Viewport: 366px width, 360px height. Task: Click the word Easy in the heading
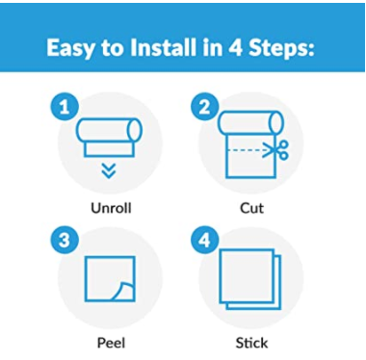tap(71, 49)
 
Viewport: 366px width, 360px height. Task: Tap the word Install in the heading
tap(163, 47)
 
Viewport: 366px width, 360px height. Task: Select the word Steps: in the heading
tap(282, 49)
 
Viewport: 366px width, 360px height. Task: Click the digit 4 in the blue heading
tap(236, 48)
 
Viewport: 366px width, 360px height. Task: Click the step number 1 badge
tap(65, 107)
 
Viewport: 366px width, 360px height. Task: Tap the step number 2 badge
tap(205, 107)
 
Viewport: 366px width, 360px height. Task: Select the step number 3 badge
tap(65, 240)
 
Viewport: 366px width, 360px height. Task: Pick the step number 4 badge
tap(205, 240)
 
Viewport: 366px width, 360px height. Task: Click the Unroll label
tap(111, 208)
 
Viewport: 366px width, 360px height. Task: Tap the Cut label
tap(251, 208)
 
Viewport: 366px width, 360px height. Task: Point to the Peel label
tap(111, 343)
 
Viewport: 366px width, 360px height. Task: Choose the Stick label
tap(251, 343)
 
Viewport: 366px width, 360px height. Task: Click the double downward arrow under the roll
tap(109, 170)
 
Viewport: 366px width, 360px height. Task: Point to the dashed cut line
tap(246, 150)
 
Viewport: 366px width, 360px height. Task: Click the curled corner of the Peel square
tap(124, 291)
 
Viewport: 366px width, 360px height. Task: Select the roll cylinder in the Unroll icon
tap(109, 130)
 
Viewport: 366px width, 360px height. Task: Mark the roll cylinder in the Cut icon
tap(251, 122)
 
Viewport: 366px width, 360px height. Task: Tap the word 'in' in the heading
tap(212, 47)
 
